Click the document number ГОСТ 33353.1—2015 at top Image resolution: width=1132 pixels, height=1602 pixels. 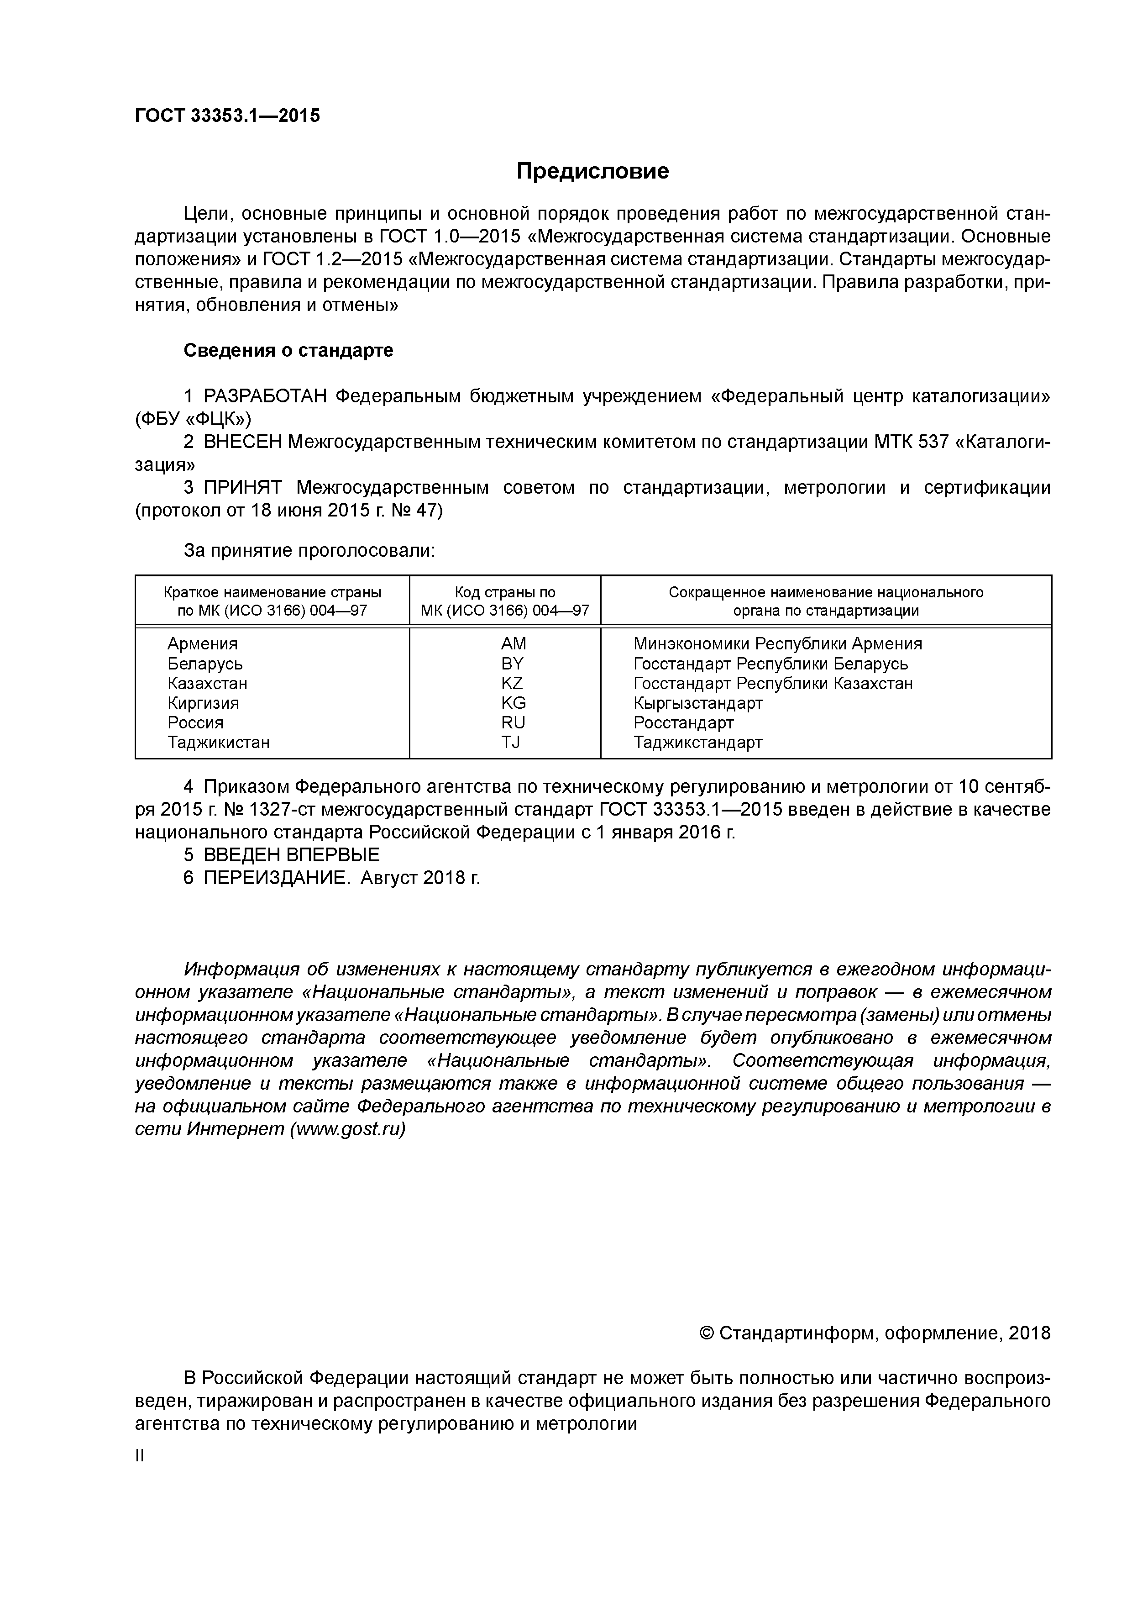tap(227, 116)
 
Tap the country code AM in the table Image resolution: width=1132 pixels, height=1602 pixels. tap(514, 643)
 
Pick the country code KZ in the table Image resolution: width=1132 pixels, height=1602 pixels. tap(512, 683)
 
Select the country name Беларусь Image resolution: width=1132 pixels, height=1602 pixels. tap(205, 664)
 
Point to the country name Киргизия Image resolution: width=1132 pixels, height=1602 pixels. tap(203, 703)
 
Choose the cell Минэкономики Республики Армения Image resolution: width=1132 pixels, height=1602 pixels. tap(777, 643)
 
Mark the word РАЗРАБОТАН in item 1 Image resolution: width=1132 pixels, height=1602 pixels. tap(265, 396)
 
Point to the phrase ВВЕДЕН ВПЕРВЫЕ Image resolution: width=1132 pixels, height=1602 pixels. tap(292, 855)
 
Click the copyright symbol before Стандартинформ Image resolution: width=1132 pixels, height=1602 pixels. tap(705, 1333)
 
